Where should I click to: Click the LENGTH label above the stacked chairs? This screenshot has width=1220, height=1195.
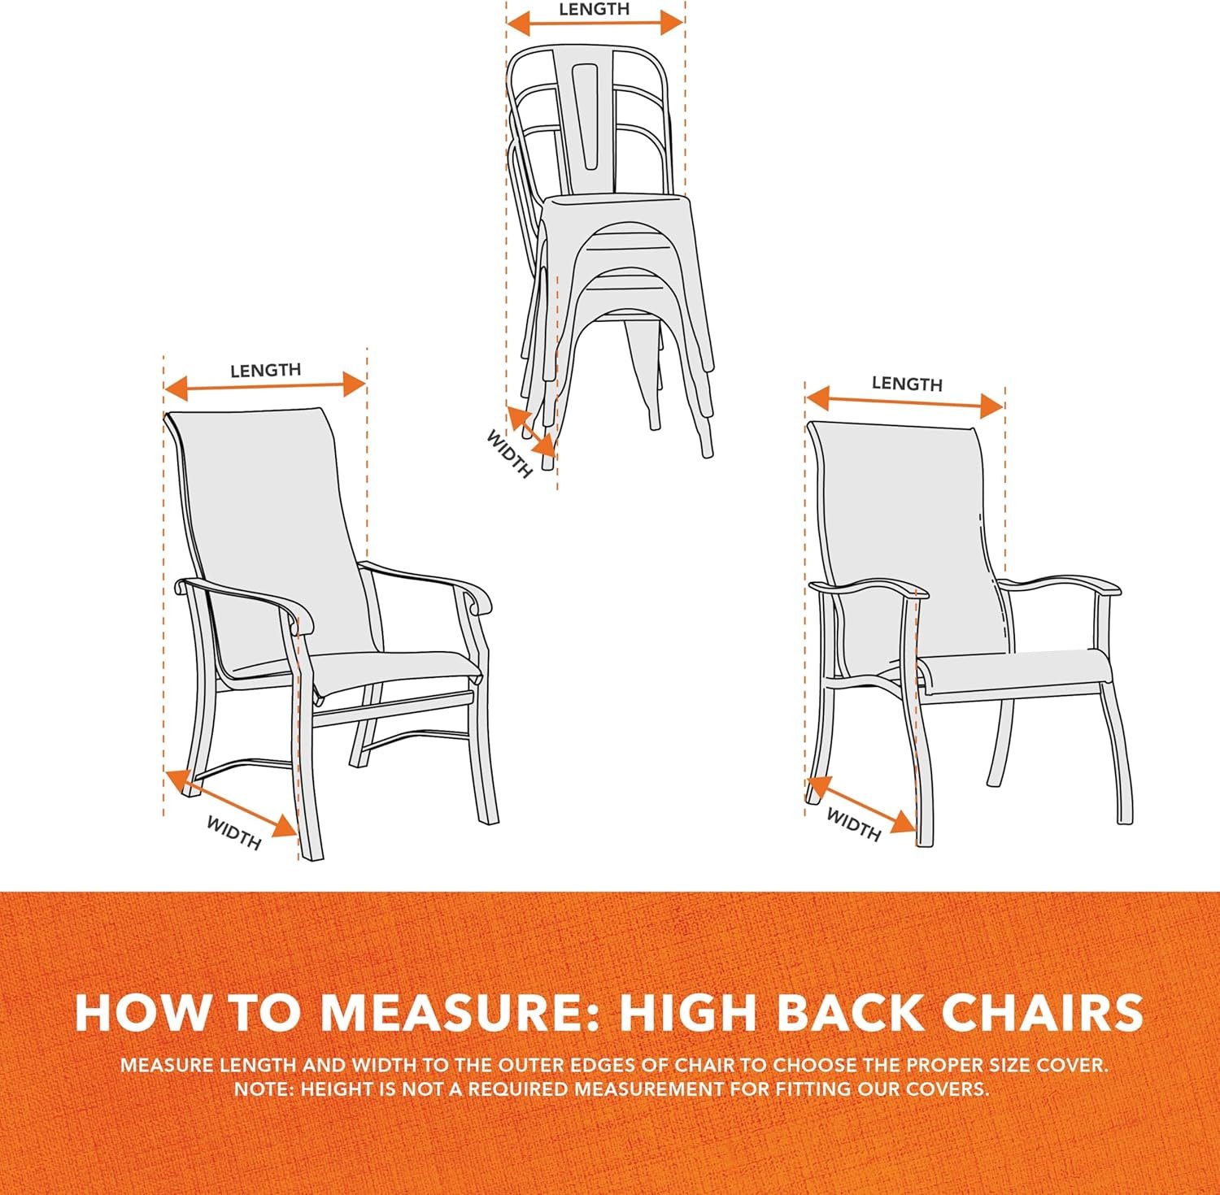click(x=594, y=9)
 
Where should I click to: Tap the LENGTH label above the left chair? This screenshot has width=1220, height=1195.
click(x=265, y=370)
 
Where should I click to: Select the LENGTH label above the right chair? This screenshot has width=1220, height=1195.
click(x=907, y=383)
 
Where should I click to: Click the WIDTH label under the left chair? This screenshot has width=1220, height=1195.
click(x=233, y=832)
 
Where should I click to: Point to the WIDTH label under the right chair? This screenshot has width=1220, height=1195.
click(x=853, y=824)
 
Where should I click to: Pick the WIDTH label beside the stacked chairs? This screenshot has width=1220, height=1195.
click(x=509, y=454)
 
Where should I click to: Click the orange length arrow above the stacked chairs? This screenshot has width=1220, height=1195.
click(x=595, y=23)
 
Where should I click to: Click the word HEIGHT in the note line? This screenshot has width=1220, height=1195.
click(x=338, y=1089)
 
